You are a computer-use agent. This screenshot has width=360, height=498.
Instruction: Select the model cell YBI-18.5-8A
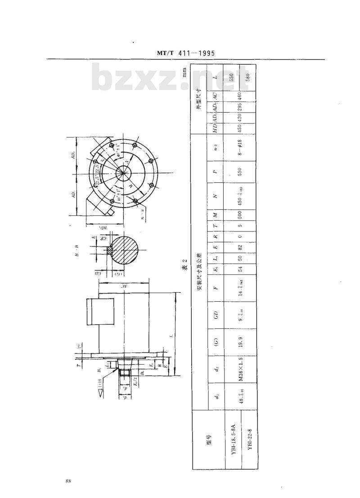click(x=233, y=439)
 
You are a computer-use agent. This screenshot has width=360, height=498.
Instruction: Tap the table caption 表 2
click(x=184, y=269)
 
